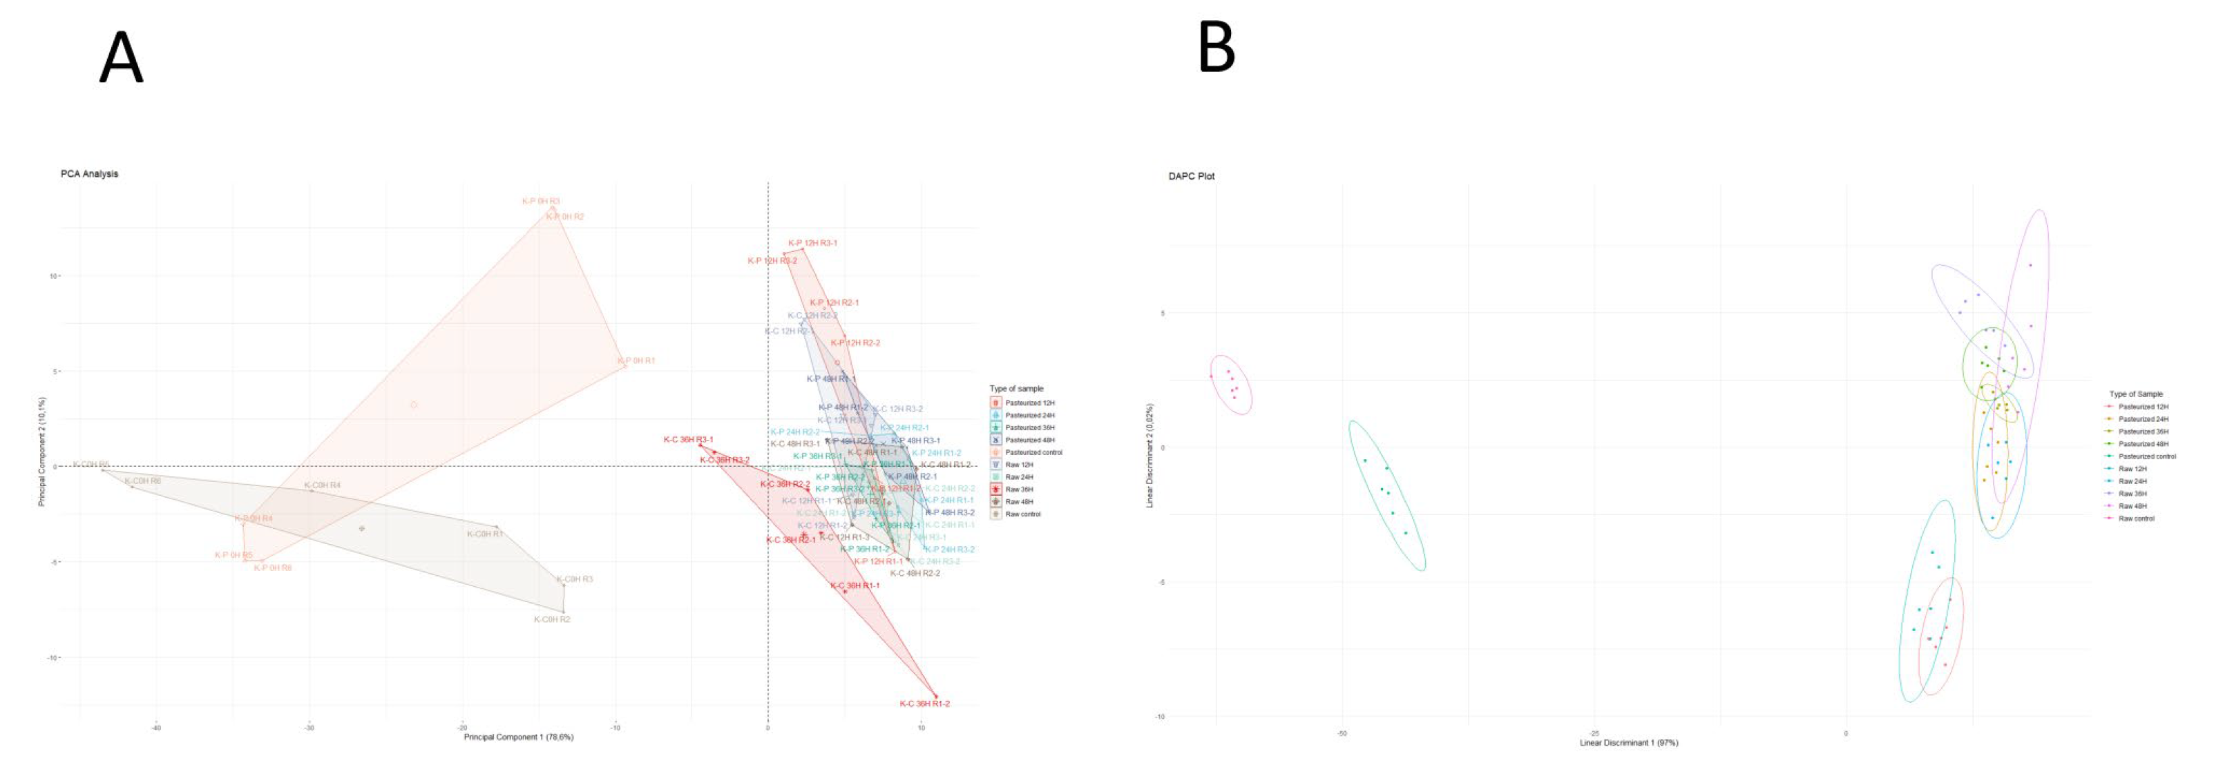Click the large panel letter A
point(121,57)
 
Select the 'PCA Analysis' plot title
point(89,173)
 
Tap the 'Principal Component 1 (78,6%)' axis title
point(518,737)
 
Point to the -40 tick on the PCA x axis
point(155,728)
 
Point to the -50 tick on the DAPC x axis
point(1341,734)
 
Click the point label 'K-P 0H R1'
point(637,361)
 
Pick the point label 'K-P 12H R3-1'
point(812,243)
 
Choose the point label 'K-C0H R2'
point(552,619)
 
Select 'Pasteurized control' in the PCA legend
point(1033,452)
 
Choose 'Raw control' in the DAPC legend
point(2136,519)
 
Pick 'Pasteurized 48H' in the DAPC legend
point(2143,444)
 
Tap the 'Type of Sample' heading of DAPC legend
point(2136,394)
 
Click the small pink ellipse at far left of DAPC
point(1231,385)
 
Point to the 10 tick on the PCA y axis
point(53,275)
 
